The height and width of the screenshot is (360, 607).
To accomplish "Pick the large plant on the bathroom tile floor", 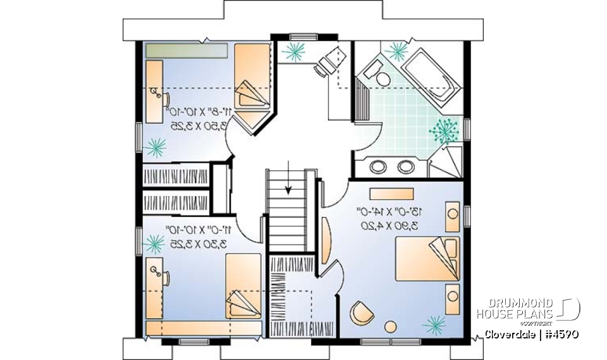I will (x=444, y=129).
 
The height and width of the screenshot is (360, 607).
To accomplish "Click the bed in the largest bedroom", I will (x=426, y=258).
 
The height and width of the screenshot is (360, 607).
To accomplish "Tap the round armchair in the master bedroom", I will (x=362, y=311).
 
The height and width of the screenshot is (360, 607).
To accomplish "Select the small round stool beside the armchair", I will (x=390, y=326).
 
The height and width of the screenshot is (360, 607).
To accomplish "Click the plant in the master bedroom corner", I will (x=434, y=325).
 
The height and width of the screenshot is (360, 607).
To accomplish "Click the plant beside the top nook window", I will (x=294, y=52).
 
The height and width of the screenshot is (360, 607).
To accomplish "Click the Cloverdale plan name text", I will (x=531, y=334).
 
